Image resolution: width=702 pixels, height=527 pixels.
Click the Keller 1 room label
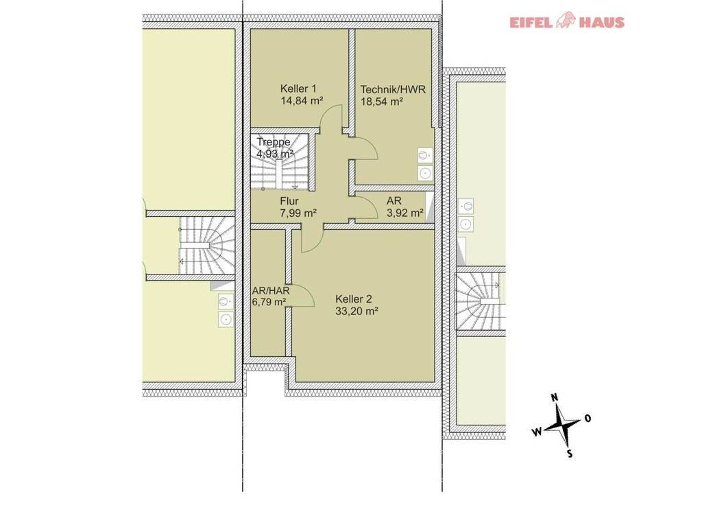[x=298, y=89]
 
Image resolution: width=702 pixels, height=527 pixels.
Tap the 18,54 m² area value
[x=382, y=102]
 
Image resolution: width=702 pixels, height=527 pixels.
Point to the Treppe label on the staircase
[x=274, y=142]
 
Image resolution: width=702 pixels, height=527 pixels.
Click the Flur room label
[x=289, y=201]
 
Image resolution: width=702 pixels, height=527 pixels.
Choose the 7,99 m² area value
[x=299, y=213]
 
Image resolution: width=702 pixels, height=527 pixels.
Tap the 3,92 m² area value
[x=405, y=213]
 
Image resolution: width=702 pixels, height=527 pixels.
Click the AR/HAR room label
[x=271, y=290]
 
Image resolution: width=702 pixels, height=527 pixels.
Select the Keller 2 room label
[x=354, y=299]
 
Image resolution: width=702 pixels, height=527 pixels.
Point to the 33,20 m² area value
[x=356, y=311]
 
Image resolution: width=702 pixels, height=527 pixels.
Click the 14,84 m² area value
[x=302, y=101]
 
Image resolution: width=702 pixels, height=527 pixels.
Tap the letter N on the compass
[x=554, y=397]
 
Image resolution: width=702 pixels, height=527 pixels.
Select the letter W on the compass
[x=536, y=432]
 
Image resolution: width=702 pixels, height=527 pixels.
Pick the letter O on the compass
[x=588, y=418]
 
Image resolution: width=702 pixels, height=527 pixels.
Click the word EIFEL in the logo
[x=531, y=23]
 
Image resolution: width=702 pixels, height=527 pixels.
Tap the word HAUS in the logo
[x=602, y=23]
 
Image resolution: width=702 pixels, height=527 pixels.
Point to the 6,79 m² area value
[x=269, y=302]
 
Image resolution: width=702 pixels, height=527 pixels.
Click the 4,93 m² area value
[x=275, y=154]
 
